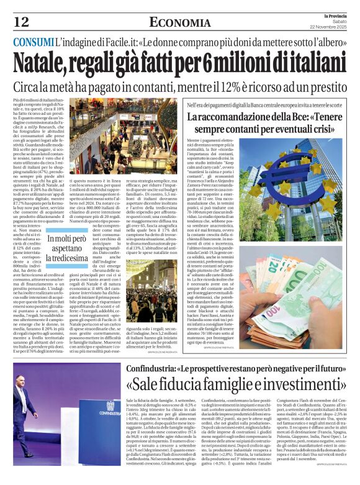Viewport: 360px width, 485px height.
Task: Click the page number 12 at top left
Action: click(21, 22)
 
